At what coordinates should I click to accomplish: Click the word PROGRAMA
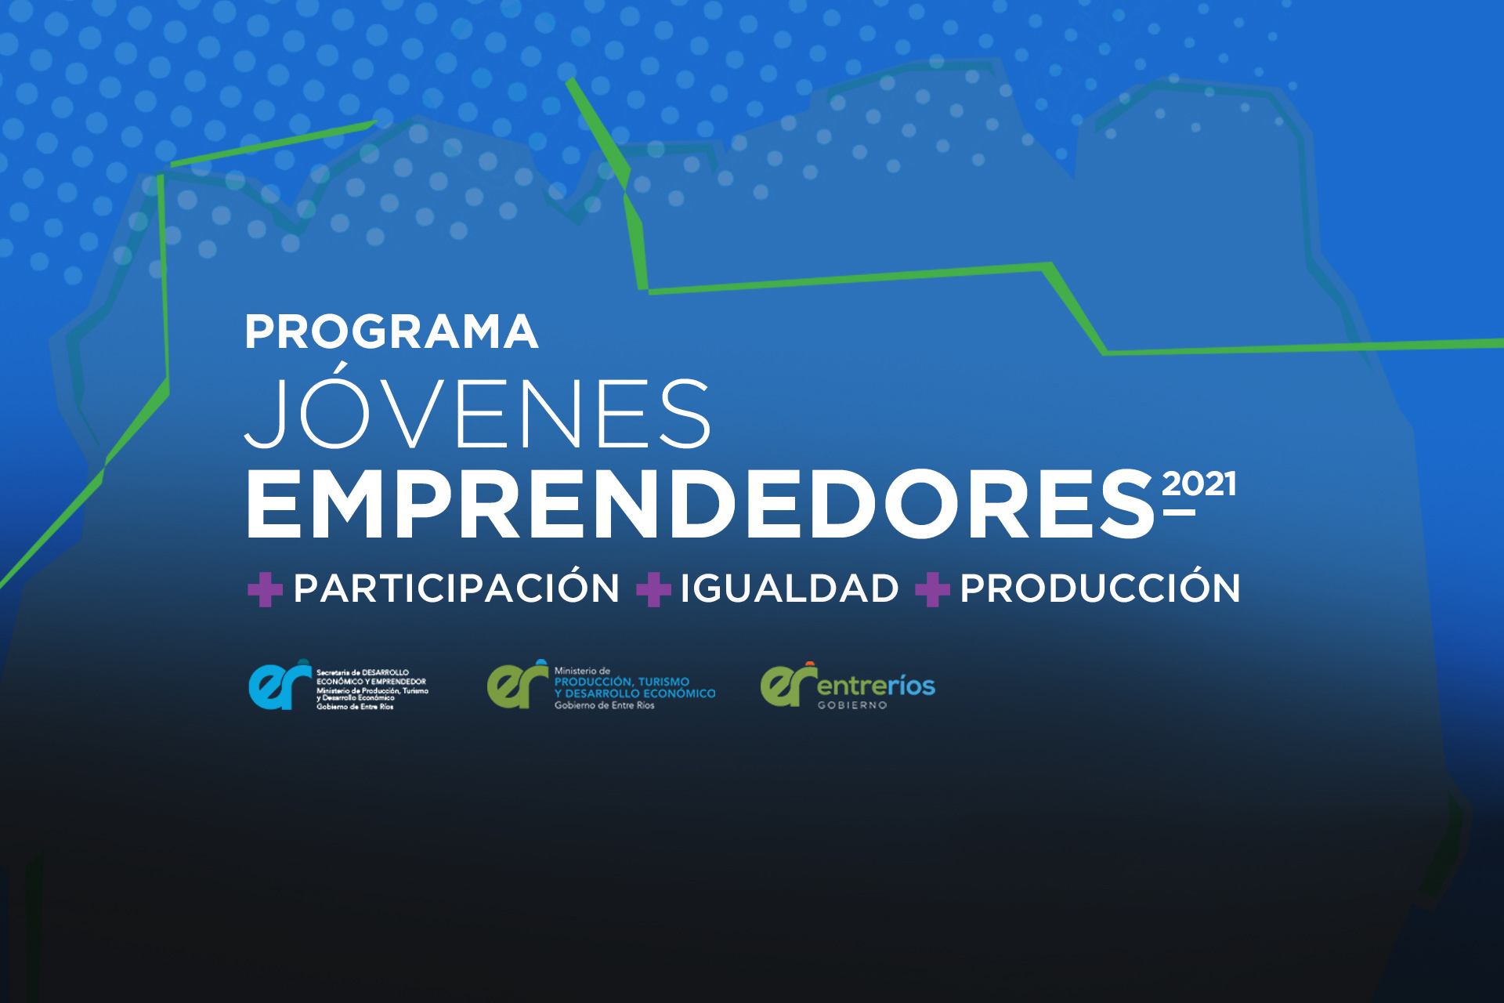(x=392, y=332)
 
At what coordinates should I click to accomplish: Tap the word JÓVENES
(x=478, y=406)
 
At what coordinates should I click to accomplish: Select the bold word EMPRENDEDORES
(x=700, y=505)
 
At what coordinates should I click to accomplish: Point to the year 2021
(x=1198, y=483)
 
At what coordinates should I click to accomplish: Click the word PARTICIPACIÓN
(x=457, y=588)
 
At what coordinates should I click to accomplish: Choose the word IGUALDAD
(x=789, y=588)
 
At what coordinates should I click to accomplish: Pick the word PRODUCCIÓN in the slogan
(x=1100, y=588)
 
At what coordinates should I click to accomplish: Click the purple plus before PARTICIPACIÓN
(x=265, y=590)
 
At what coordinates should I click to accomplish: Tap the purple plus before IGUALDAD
(x=653, y=590)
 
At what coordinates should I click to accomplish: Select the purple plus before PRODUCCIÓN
(x=932, y=590)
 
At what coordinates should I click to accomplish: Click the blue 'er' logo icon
(x=280, y=685)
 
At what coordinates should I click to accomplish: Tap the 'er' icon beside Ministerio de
(x=517, y=684)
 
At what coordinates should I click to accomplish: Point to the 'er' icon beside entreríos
(x=788, y=684)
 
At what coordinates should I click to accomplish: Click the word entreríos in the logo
(x=877, y=686)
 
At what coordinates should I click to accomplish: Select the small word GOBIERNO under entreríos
(x=852, y=705)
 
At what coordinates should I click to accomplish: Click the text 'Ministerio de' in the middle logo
(x=582, y=671)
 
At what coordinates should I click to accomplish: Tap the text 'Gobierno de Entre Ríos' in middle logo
(x=604, y=705)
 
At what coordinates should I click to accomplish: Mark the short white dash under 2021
(x=1179, y=512)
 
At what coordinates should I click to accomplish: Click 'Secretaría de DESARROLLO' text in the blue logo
(x=363, y=672)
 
